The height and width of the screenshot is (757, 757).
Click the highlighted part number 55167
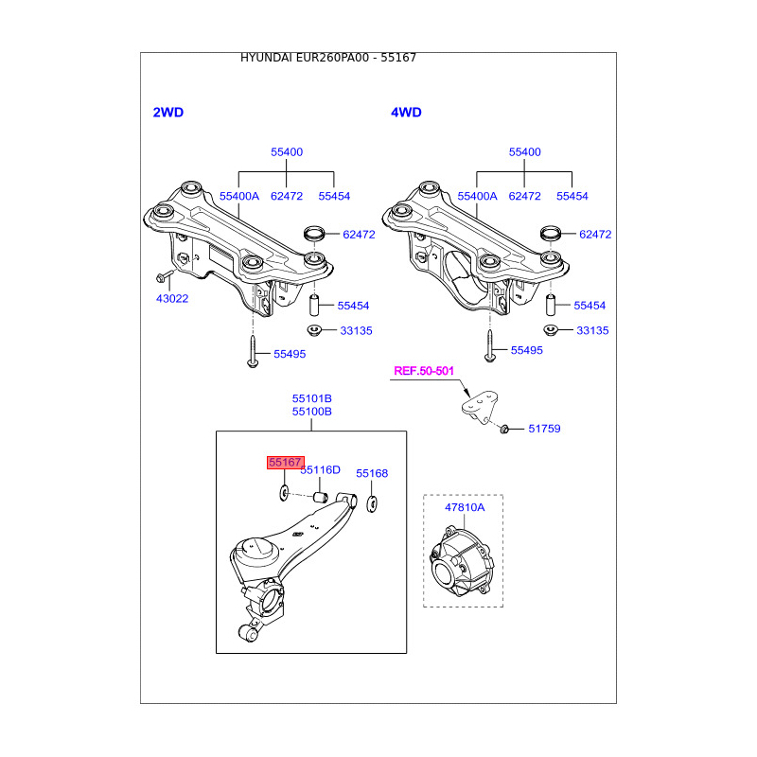click(x=285, y=463)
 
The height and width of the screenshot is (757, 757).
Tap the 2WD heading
click(x=168, y=113)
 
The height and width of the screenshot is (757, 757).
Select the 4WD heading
click(x=406, y=113)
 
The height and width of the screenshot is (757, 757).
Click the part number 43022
click(x=172, y=298)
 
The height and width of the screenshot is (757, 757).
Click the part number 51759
click(x=544, y=429)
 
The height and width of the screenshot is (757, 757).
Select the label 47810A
click(x=465, y=507)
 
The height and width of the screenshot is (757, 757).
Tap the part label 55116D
click(x=320, y=470)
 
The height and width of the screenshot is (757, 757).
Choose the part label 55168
click(x=372, y=473)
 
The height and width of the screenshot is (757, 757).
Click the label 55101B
click(x=311, y=398)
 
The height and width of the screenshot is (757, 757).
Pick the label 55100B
click(x=311, y=412)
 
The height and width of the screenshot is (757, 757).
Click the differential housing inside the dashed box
click(x=461, y=563)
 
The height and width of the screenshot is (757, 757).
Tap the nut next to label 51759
click(x=505, y=429)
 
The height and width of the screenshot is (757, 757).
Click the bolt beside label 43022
click(x=163, y=277)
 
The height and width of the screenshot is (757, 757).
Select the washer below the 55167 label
click(x=283, y=493)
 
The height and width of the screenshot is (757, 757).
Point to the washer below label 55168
click(x=372, y=502)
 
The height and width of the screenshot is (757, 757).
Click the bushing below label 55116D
click(x=321, y=496)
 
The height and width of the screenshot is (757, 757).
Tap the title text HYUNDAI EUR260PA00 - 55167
click(x=328, y=58)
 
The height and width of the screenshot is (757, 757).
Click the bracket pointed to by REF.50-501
click(x=480, y=407)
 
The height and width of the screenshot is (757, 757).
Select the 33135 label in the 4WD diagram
click(x=592, y=331)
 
